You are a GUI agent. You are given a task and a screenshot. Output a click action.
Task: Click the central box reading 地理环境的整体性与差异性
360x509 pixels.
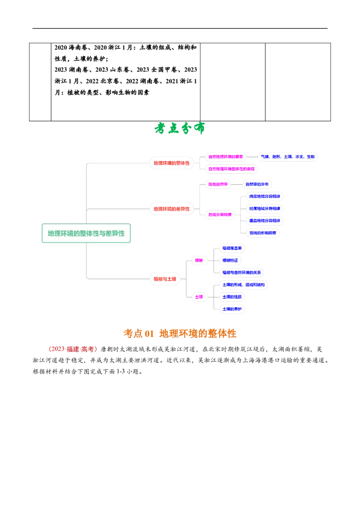[86, 234]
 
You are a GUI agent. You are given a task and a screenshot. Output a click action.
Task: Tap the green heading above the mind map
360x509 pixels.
[180, 129]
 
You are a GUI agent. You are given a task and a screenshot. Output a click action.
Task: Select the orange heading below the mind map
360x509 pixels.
[180, 333]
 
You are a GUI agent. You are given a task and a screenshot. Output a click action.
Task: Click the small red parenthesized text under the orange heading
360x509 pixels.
[72, 348]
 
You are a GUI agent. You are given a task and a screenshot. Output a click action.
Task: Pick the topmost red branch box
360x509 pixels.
[171, 162]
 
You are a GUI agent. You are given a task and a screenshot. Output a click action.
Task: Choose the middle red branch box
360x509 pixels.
[171, 208]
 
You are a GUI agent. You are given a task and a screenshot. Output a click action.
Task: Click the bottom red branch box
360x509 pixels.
[165, 279]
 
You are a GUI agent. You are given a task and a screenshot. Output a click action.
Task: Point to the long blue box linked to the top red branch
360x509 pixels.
[288, 156]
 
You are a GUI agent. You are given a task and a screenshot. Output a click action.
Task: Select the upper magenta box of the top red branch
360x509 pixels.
[226, 156]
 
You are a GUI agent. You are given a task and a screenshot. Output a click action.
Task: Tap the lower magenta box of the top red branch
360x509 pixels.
[232, 169]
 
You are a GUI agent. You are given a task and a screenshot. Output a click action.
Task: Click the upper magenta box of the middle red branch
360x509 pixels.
[218, 184]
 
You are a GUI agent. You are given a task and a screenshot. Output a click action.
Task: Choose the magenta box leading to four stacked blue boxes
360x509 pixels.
[220, 214]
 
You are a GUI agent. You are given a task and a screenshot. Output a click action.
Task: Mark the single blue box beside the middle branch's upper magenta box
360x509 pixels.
[257, 184]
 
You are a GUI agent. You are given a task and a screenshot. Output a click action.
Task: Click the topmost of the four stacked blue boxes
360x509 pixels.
[265, 196]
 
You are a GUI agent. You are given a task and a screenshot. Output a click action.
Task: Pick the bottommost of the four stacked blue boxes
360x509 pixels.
[263, 232]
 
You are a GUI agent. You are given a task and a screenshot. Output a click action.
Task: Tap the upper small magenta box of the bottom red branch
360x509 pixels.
[199, 260]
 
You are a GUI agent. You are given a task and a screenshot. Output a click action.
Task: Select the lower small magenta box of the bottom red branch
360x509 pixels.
[199, 296]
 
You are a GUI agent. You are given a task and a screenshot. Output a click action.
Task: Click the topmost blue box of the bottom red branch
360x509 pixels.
[232, 248]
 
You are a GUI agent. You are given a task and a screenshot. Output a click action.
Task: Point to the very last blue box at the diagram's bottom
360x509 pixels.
[232, 309]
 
